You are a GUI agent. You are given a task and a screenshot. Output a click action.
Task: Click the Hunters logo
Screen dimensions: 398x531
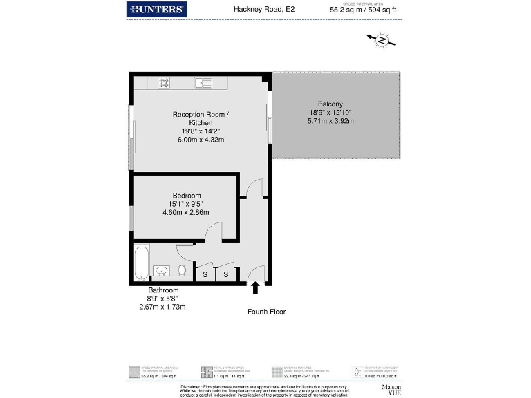(157, 9)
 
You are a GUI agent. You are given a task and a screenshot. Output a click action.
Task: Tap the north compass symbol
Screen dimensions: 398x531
(381, 40)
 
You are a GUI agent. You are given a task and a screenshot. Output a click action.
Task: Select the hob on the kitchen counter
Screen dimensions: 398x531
(165, 83)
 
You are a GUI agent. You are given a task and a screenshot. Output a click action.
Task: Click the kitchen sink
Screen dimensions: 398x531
(202, 83)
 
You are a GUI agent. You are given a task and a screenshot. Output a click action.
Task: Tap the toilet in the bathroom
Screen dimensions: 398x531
(182, 269)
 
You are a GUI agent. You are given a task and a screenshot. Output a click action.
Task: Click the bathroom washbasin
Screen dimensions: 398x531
(161, 271)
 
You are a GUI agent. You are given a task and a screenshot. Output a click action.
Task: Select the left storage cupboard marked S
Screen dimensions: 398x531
(205, 275)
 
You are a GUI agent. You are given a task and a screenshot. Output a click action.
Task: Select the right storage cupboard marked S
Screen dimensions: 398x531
(226, 275)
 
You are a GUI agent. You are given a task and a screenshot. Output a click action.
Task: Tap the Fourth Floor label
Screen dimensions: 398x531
(266, 312)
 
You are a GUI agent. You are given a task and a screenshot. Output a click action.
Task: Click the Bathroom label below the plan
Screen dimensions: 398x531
(163, 290)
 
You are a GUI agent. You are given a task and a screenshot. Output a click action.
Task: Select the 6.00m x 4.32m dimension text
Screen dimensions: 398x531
(201, 140)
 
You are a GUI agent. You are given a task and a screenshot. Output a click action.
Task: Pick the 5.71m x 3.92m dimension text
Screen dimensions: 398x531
(330, 121)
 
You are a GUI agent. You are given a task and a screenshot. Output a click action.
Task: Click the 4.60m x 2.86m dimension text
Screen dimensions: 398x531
(185, 212)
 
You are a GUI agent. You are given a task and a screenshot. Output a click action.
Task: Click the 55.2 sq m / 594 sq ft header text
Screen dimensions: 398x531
(364, 10)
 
